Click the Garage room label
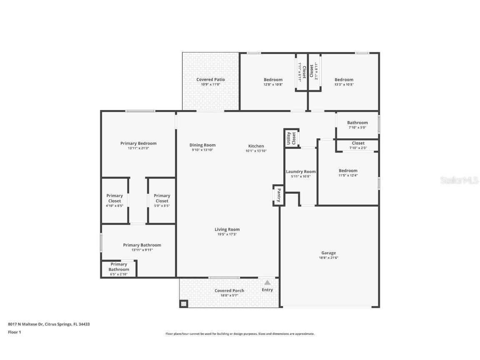(x=328, y=253)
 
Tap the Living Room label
(x=227, y=230)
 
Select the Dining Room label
(x=202, y=145)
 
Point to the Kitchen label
(x=256, y=146)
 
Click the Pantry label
(x=279, y=195)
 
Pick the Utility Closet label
(x=291, y=138)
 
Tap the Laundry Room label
(x=300, y=172)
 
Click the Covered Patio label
(x=210, y=80)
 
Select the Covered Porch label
(x=229, y=291)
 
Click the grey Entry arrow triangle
(x=267, y=282)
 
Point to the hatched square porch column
(x=184, y=304)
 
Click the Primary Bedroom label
(x=138, y=143)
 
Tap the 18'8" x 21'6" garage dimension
(x=328, y=258)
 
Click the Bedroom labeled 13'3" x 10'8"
(x=344, y=80)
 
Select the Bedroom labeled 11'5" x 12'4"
(x=348, y=171)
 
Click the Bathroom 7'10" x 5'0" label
(x=357, y=123)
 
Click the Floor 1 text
(x=14, y=332)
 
